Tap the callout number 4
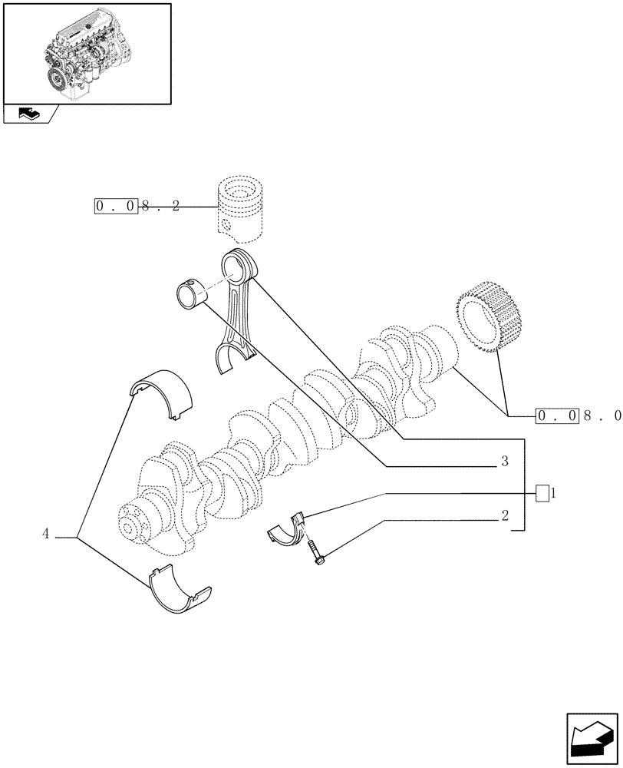tap(47, 534)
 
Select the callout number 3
tap(504, 462)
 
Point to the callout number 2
tap(504, 516)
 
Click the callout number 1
tap(553, 493)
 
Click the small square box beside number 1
tap(542, 494)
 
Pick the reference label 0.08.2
tap(137, 207)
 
